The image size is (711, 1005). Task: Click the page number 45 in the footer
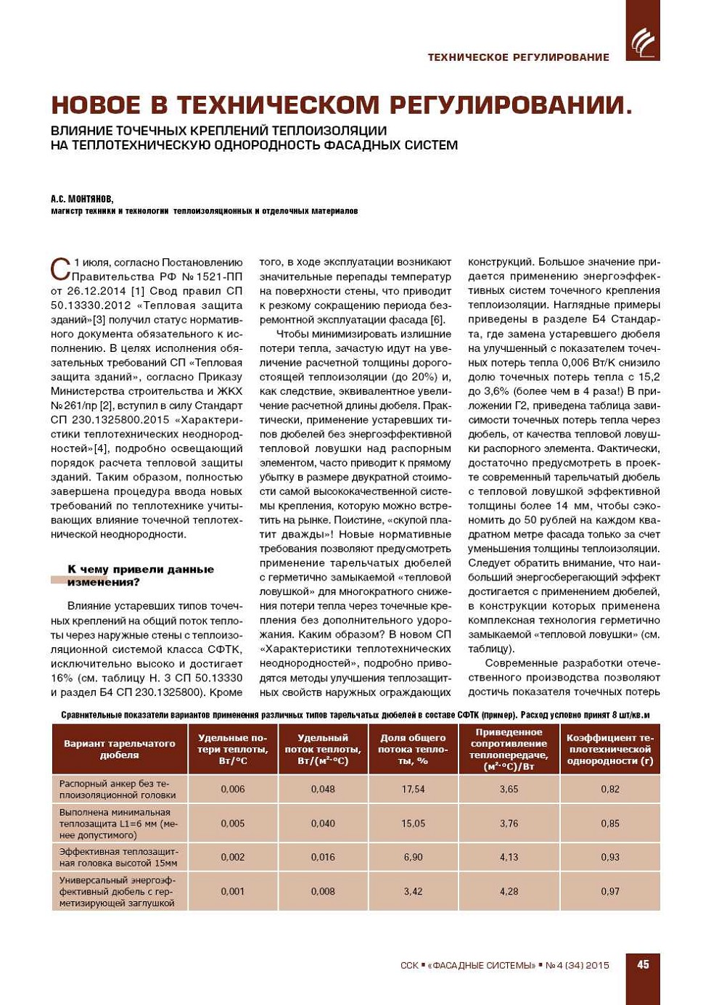tap(643, 964)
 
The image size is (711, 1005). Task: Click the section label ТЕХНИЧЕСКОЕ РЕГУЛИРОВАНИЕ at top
tap(518, 57)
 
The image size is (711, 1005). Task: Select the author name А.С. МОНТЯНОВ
tap(82, 199)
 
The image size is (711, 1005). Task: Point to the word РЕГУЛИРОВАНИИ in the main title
tap(511, 105)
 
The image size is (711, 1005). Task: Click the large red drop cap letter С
tap(60, 268)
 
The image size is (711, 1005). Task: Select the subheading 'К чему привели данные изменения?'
tap(140, 575)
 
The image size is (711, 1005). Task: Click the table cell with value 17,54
tap(413, 789)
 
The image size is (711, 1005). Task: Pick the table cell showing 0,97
tap(610, 891)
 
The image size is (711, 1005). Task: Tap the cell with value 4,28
tap(509, 891)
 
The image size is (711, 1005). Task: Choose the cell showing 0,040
tap(323, 824)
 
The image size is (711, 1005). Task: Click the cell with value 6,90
tap(413, 857)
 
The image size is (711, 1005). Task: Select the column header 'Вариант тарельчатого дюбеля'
tap(120, 749)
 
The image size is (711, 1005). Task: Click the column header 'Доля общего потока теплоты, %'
tap(413, 749)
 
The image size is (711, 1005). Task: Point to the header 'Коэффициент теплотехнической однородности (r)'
tap(610, 749)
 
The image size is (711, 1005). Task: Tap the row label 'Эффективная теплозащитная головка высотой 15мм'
tap(118, 857)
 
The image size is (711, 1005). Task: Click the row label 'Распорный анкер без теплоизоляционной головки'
tap(118, 789)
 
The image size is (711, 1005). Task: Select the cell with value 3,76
tap(509, 824)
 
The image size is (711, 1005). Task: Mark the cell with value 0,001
tap(233, 891)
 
